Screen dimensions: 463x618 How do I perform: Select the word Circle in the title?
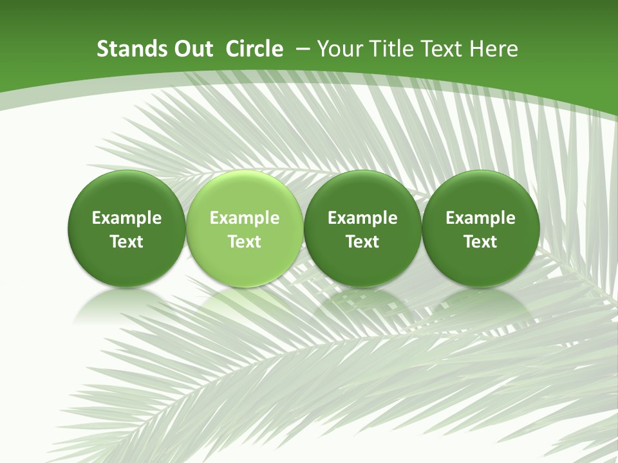(x=254, y=49)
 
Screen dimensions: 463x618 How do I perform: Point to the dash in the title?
(x=303, y=50)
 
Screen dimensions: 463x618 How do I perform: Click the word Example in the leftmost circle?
(x=126, y=219)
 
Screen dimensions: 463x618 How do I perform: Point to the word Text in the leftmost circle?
(x=126, y=242)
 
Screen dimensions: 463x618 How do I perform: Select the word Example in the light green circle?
(x=245, y=219)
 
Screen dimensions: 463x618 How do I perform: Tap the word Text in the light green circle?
(x=245, y=242)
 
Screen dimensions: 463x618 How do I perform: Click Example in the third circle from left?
(x=362, y=219)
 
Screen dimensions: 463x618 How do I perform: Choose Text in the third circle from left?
(x=362, y=242)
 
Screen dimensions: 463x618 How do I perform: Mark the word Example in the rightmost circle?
(x=480, y=219)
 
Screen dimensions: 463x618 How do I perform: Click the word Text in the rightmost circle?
(x=480, y=242)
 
